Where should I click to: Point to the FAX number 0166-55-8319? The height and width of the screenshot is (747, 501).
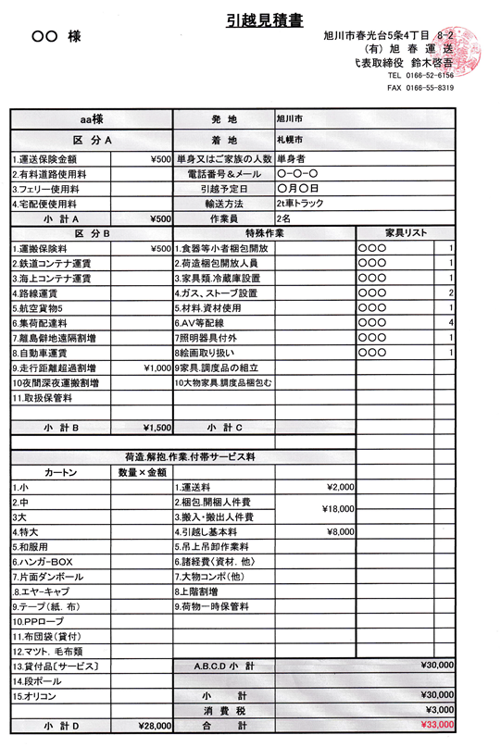pyautogui.click(x=420, y=88)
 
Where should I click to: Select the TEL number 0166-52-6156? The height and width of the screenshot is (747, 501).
pyautogui.click(x=420, y=75)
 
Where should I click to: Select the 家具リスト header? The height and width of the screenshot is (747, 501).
pyautogui.click(x=406, y=232)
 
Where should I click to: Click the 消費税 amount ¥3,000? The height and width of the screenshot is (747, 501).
pyautogui.click(x=435, y=710)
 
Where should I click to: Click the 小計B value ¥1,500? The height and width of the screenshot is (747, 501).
pyautogui.click(x=157, y=428)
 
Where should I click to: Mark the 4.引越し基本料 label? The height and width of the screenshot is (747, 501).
pyautogui.click(x=207, y=532)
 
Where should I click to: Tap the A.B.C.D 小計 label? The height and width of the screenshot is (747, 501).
pyautogui.click(x=224, y=666)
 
